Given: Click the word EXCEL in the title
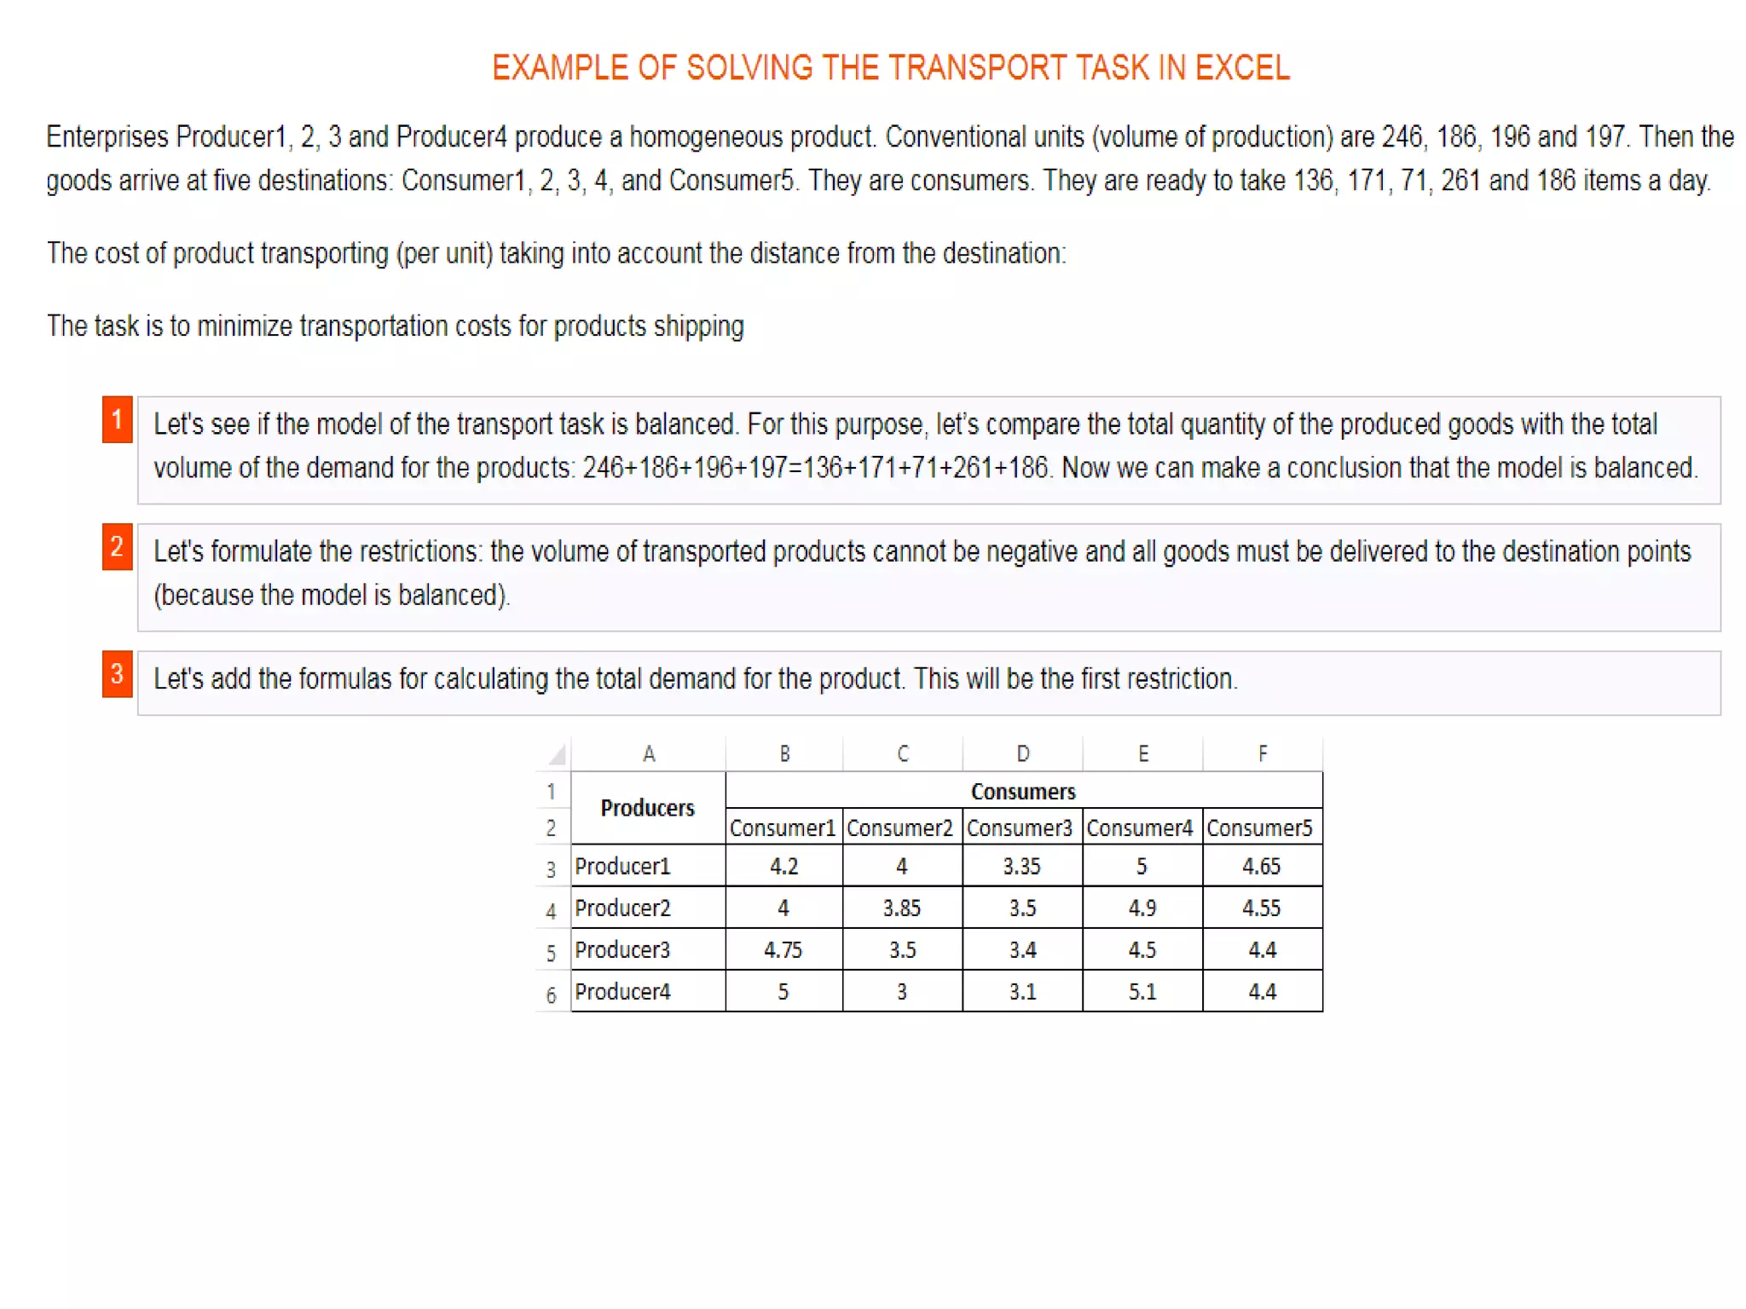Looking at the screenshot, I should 1242,68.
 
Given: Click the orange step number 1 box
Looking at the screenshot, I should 118,419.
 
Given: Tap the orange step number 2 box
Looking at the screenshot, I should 118,547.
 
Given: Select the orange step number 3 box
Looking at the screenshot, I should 118,674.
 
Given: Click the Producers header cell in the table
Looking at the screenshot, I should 648,808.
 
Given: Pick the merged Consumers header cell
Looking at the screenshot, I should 1023,791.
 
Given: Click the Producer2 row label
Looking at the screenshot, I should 623,908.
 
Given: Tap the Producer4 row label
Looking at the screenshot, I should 623,991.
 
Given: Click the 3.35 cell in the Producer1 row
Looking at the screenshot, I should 1021,866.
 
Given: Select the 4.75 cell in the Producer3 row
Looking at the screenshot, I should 783,949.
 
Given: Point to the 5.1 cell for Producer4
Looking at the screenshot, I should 1142,991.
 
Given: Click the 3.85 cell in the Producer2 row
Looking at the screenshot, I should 902,908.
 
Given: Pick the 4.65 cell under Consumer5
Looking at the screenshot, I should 1262,866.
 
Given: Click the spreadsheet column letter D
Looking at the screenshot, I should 1023,754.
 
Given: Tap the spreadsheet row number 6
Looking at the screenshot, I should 552,995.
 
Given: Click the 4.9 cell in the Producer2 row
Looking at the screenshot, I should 1142,908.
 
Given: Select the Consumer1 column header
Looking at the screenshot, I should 783,827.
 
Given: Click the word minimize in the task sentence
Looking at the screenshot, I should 244,326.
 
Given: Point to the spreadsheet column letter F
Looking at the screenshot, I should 1263,754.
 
